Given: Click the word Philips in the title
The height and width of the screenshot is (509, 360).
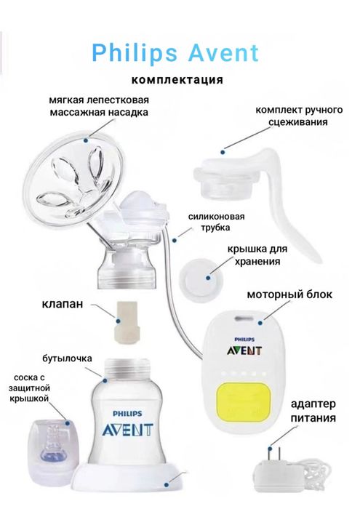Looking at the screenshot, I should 132,52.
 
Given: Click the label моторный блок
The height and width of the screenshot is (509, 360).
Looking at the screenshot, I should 289,295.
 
